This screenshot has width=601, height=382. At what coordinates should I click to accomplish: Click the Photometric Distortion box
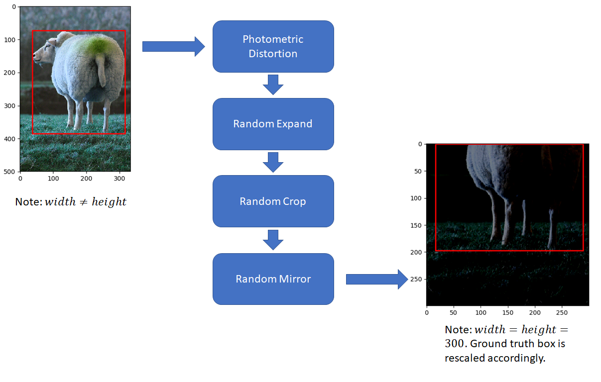point(273,46)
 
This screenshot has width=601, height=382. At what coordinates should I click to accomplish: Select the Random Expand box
point(273,124)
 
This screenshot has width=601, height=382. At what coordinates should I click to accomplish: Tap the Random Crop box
point(273,201)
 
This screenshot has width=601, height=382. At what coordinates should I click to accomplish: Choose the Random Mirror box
point(273,279)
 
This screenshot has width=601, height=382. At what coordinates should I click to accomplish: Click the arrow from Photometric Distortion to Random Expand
point(273,85)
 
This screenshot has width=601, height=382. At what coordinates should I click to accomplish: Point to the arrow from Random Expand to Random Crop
point(273,163)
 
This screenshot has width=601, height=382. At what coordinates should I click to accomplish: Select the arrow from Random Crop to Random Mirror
point(273,240)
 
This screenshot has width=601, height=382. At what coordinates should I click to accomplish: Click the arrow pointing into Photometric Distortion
point(174,46)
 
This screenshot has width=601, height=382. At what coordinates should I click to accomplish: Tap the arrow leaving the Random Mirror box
point(377,280)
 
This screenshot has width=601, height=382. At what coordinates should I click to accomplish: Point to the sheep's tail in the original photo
point(101,70)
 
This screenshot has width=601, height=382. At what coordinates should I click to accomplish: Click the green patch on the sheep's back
point(97,46)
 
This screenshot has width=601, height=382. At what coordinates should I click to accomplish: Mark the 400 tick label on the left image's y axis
point(9,139)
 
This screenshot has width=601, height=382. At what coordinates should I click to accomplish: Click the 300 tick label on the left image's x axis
point(120,179)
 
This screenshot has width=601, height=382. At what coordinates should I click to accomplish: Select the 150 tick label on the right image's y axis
point(416,225)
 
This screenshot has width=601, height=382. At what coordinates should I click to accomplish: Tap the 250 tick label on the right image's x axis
point(562,312)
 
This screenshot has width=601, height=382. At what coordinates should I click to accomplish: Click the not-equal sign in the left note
point(84,202)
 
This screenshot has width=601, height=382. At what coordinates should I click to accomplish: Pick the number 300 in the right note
point(454,343)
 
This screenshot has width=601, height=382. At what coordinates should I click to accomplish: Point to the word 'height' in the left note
point(109,202)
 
